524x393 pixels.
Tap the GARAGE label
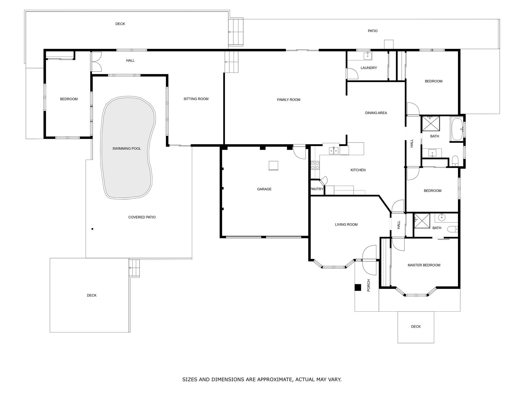click(x=264, y=189)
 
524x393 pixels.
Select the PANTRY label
click(x=317, y=189)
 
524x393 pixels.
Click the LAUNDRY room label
click(x=369, y=68)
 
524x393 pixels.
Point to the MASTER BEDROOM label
click(x=424, y=265)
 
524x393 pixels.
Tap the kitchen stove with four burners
click(x=315, y=165)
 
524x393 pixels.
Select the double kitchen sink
click(x=334, y=151)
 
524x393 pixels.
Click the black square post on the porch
click(x=358, y=288)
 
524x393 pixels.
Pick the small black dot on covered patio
click(x=92, y=229)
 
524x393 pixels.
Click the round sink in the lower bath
click(x=442, y=218)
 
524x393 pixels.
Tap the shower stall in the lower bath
click(x=422, y=221)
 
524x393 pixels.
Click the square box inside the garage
click(x=273, y=166)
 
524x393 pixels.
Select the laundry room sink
click(x=368, y=56)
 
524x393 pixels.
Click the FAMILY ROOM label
click(x=289, y=100)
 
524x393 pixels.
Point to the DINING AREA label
click(x=376, y=113)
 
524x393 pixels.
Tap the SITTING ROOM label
click(x=196, y=99)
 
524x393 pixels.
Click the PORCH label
click(x=369, y=285)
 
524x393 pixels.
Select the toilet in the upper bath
click(x=455, y=161)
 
